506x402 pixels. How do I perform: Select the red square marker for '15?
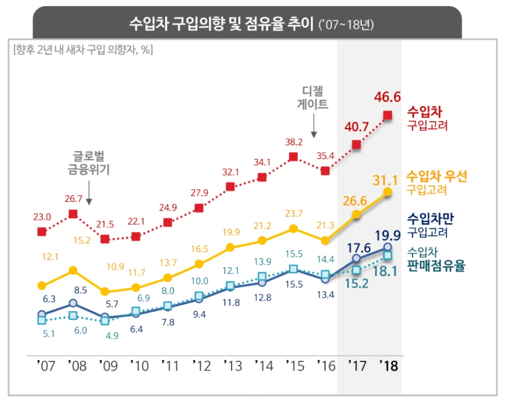click(x=293, y=157)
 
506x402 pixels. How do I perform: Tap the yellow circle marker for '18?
click(x=388, y=192)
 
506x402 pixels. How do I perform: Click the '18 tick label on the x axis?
click(x=388, y=366)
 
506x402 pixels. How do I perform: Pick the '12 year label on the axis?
click(x=200, y=366)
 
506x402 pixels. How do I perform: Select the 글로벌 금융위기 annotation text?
click(x=91, y=163)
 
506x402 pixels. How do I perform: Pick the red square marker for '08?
click(x=73, y=214)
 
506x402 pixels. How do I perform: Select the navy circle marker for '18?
click(x=388, y=247)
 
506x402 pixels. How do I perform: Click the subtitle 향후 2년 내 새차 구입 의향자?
click(x=83, y=50)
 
